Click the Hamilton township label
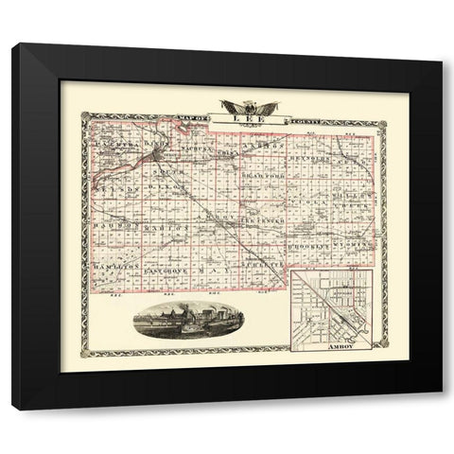(116, 269)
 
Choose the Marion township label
(166, 228)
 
